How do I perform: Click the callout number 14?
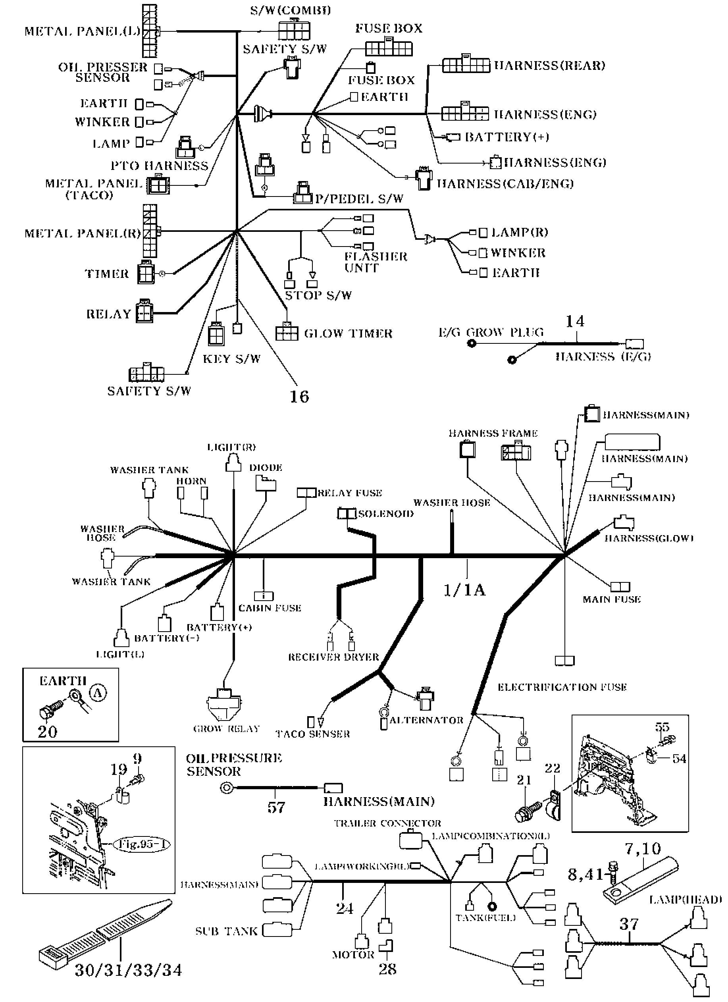click(x=575, y=321)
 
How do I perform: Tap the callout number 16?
click(x=299, y=396)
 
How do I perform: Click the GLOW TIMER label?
click(x=348, y=333)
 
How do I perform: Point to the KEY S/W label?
click(x=231, y=359)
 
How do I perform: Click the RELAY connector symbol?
click(x=144, y=312)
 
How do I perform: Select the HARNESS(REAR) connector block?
click(x=466, y=65)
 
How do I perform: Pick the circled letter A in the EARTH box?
click(x=98, y=693)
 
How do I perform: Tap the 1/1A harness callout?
click(x=464, y=590)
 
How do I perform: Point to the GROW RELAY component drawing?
click(x=224, y=703)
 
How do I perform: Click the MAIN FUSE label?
click(x=611, y=599)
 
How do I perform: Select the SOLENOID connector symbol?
click(x=347, y=513)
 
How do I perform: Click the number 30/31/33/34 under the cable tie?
click(x=128, y=970)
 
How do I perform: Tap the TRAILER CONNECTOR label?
click(x=387, y=823)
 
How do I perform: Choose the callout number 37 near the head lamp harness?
click(x=629, y=924)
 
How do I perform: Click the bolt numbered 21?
click(x=528, y=811)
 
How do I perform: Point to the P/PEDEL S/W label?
click(x=359, y=199)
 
